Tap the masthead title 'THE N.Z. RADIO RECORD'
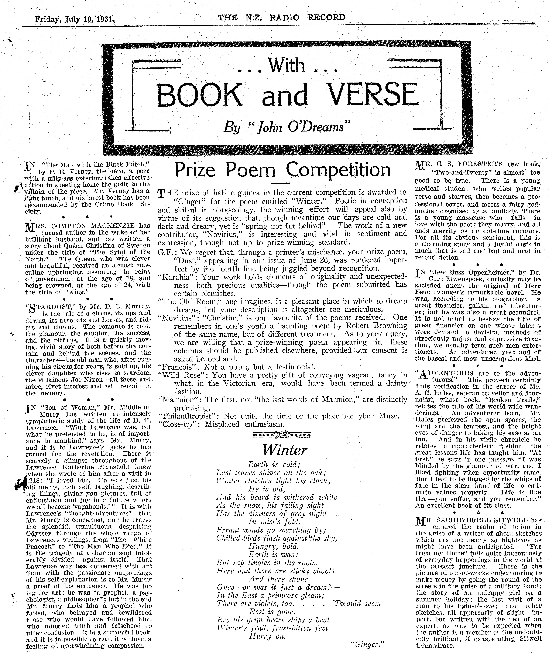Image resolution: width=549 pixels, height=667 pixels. coord(281,17)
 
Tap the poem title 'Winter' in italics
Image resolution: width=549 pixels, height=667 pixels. coord(285,450)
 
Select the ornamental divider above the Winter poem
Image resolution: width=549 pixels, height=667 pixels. coord(282,436)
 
